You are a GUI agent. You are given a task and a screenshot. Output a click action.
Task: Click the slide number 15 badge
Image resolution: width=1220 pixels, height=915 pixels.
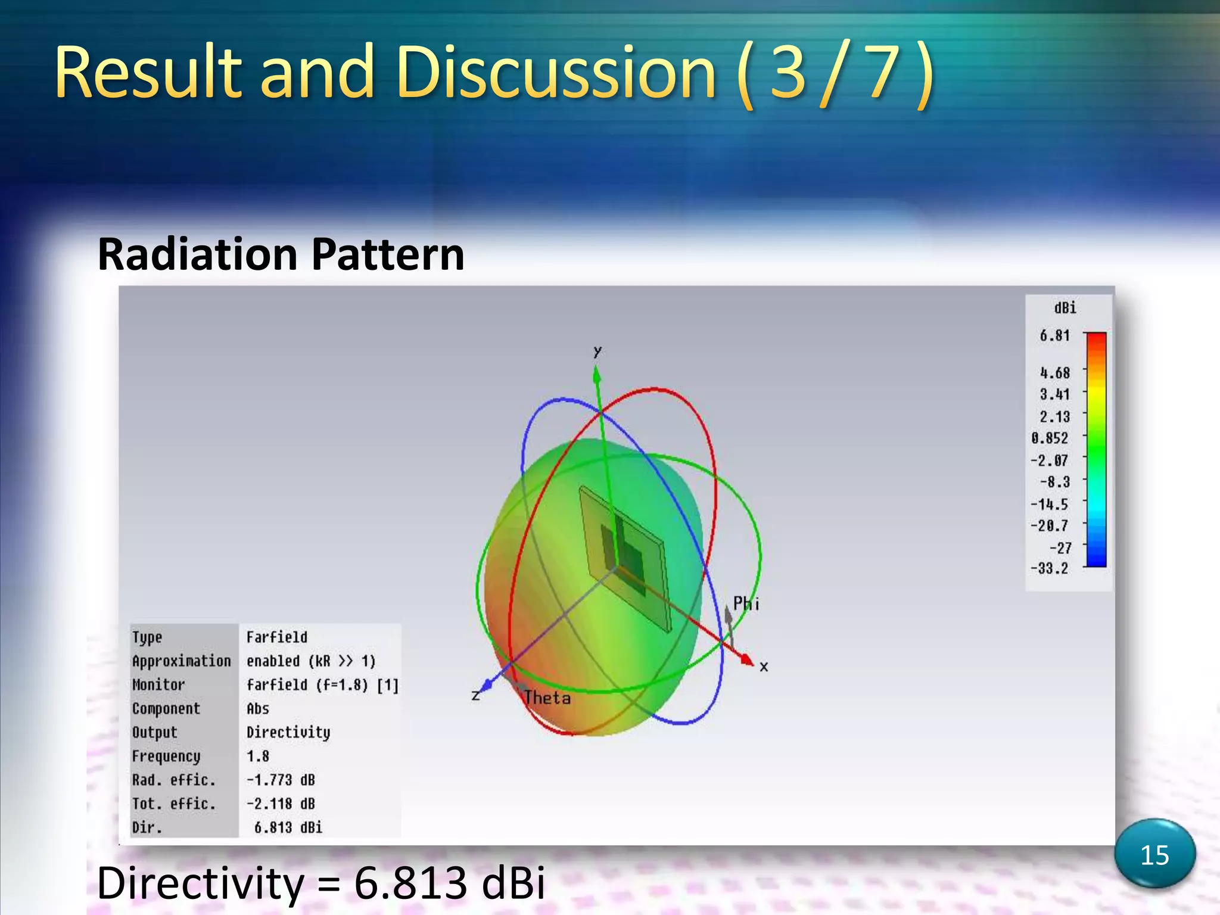[1154, 855]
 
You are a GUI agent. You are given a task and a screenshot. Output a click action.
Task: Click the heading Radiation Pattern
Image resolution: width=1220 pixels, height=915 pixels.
[281, 254]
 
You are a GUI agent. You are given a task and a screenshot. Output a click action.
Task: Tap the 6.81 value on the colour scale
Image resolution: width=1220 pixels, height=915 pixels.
[1054, 336]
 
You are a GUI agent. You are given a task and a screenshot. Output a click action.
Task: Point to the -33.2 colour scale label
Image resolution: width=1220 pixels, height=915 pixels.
[1050, 568]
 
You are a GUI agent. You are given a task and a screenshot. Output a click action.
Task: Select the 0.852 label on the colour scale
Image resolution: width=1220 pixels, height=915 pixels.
[1050, 438]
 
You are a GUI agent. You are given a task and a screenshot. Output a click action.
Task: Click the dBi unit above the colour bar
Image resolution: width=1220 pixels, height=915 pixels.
[1065, 308]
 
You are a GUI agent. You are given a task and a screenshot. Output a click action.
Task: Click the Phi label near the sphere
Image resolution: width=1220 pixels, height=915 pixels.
[746, 604]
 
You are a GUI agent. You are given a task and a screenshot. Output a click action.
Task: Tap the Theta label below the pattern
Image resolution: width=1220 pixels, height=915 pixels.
[547, 698]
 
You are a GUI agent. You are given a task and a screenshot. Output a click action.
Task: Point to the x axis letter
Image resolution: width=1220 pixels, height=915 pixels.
[764, 667]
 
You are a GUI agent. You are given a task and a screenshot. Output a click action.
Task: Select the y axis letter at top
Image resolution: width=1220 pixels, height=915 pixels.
[597, 351]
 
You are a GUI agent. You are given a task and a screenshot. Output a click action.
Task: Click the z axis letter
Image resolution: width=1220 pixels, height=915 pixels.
[475, 695]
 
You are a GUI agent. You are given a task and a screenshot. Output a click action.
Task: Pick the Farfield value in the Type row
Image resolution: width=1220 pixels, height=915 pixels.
[277, 637]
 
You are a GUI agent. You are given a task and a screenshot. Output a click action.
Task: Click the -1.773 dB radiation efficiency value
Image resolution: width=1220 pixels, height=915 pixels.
[281, 780]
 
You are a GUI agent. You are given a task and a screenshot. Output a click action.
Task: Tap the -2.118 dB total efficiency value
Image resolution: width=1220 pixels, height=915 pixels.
[281, 804]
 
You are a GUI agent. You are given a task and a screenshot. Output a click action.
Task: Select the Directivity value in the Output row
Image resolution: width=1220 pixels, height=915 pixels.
[288, 733]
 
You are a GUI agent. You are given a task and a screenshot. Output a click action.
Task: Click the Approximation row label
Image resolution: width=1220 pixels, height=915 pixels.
[181, 661]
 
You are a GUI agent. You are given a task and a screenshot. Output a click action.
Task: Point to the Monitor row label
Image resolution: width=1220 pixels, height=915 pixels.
[158, 685]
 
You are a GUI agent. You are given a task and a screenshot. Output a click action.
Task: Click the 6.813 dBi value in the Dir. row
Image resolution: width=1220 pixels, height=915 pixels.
[288, 828]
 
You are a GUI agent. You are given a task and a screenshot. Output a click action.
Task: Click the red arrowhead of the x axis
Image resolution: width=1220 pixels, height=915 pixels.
[747, 659]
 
